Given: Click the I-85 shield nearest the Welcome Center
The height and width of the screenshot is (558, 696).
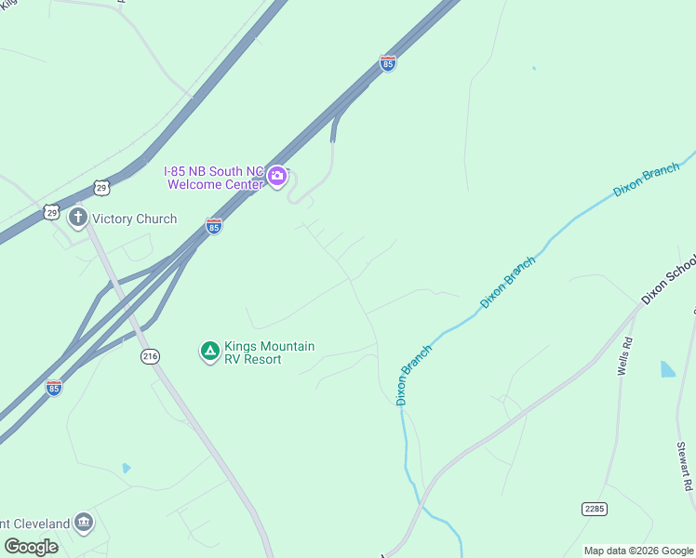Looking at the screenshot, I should [214, 226].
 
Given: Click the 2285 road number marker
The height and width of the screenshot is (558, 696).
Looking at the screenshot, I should [594, 508].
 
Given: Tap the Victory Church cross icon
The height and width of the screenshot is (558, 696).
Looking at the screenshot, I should [77, 219].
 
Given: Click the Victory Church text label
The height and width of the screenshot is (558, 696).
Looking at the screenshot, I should [134, 219].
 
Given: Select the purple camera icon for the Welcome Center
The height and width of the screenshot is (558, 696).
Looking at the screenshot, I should [276, 177].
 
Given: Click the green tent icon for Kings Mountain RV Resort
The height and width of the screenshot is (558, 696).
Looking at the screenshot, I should [210, 352].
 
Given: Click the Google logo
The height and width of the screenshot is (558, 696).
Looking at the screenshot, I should [31, 546].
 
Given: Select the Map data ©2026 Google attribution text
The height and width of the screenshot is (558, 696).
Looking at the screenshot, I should [638, 551].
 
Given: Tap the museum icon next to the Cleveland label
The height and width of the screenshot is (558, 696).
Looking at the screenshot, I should [84, 522].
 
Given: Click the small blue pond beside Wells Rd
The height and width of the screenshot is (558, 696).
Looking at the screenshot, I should [668, 369].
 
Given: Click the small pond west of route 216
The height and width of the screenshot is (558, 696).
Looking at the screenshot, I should [127, 468].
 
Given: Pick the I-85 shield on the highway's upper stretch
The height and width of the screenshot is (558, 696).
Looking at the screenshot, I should [388, 63].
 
